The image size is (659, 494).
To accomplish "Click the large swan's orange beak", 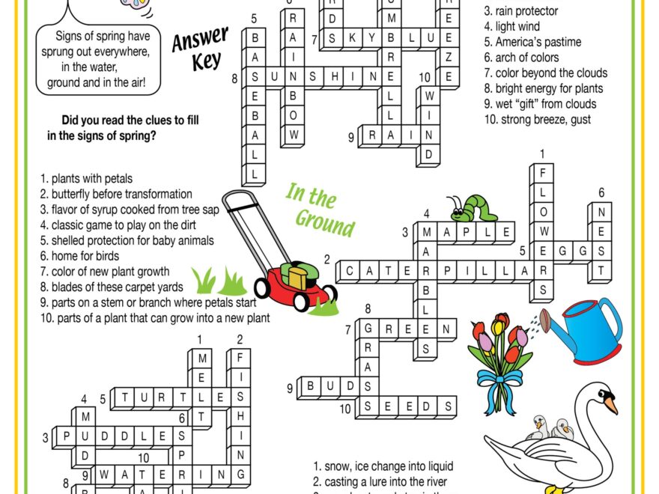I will (611, 404).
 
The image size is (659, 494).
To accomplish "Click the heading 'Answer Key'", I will (200, 49).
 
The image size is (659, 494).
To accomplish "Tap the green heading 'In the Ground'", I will (320, 210).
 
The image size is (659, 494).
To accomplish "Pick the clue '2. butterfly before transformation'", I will (116, 194).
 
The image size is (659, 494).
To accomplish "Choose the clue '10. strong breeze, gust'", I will (536, 120).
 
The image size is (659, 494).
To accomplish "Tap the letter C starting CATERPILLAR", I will (351, 270).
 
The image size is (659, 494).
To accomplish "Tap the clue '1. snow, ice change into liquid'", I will (383, 466).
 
